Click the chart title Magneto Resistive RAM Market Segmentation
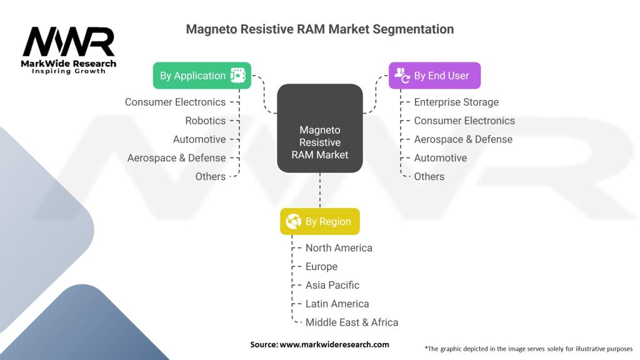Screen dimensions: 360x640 [x=320, y=29]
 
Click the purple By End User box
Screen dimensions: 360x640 [x=434, y=76]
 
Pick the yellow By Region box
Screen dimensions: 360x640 [x=319, y=222]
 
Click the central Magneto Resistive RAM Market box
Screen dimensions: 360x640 [x=320, y=142]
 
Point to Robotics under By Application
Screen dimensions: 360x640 [x=205, y=121]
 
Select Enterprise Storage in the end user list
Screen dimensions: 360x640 [x=456, y=102]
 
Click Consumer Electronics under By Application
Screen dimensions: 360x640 [x=175, y=102]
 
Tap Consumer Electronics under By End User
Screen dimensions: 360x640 [x=464, y=121]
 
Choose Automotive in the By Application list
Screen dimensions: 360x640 [x=199, y=139]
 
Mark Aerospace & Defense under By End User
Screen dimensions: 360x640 [x=463, y=139]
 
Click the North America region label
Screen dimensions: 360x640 [x=339, y=248]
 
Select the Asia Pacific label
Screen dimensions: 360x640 [x=332, y=285]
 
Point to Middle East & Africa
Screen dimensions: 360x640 [x=352, y=322]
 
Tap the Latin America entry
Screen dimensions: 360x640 [x=337, y=304]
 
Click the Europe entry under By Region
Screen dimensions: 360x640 [x=321, y=267]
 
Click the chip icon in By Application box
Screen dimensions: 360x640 [x=237, y=76]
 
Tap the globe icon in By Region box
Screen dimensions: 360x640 [x=293, y=222]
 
